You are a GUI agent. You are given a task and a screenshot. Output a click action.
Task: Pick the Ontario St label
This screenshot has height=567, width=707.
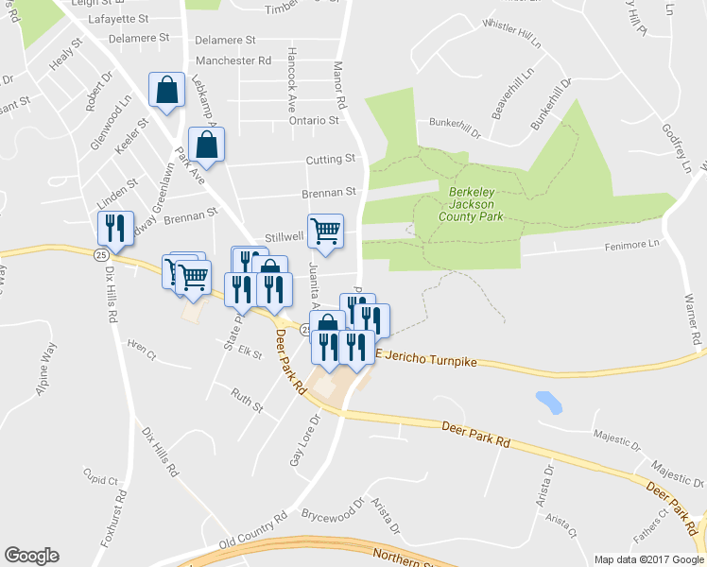(x=314, y=121)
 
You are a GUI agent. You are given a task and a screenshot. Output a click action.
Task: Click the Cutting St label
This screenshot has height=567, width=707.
(x=331, y=159)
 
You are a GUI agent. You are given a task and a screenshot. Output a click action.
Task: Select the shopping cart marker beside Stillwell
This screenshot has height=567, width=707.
(x=325, y=230)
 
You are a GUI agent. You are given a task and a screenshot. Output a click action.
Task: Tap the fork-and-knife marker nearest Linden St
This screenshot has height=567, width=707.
(x=111, y=228)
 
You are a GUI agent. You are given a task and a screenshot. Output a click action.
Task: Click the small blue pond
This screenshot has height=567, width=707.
(x=548, y=402)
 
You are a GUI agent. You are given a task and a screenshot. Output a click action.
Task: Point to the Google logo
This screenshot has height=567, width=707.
(x=30, y=556)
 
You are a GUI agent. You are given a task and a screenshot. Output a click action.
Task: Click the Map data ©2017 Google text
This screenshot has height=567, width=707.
(x=648, y=559)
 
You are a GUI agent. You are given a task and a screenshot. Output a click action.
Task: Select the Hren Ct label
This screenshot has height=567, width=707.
(x=140, y=349)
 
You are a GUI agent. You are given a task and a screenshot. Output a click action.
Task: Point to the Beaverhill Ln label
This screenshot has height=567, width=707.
(x=511, y=94)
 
